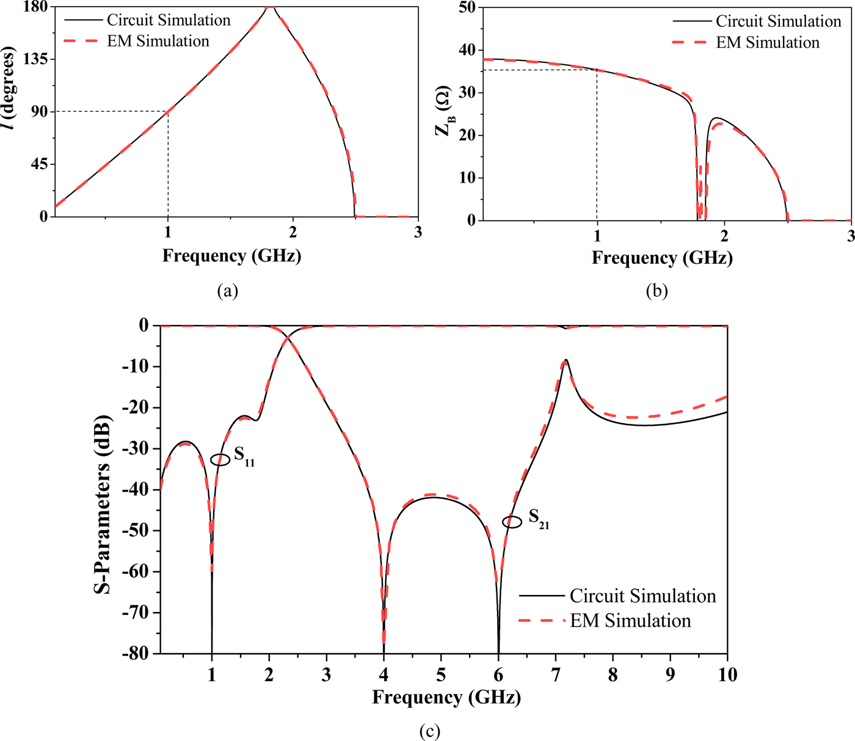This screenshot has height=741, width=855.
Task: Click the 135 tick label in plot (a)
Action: pos(35,59)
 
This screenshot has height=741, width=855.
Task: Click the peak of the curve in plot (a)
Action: pos(270,7)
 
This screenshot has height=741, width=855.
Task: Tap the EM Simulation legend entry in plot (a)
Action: pos(158,41)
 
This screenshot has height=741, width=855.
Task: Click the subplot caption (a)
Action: pos(228,291)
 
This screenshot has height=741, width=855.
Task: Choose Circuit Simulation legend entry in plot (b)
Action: pos(778,21)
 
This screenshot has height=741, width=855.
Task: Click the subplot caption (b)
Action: pos(657,291)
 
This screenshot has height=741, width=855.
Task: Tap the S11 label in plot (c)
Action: pos(244,456)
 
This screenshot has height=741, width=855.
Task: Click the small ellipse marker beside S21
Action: pos(512,522)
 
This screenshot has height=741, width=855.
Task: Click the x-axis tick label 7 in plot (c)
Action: pos(556,675)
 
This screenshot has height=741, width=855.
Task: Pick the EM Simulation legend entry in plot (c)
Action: pos(630,621)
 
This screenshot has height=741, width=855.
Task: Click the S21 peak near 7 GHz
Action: pos(566,360)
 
